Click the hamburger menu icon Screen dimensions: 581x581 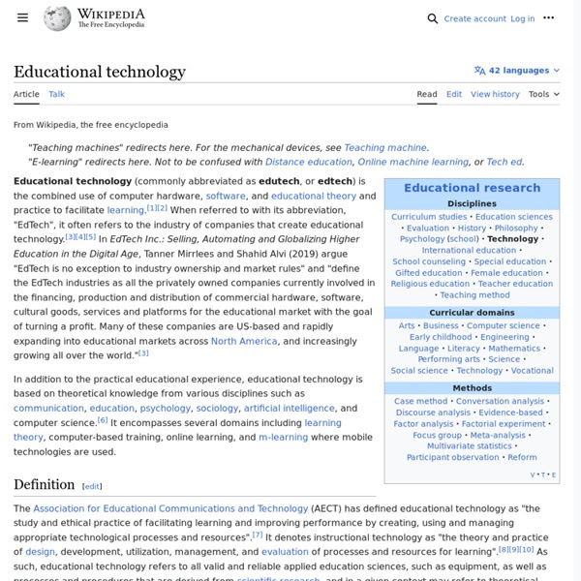point(22,18)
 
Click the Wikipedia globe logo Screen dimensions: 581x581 point(57,18)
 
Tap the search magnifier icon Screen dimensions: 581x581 point(432,18)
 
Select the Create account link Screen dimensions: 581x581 point(474,18)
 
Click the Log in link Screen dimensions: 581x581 point(522,18)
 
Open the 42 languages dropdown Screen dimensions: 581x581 point(517,71)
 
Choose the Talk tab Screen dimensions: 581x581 point(57,94)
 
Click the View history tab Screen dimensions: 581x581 point(495,94)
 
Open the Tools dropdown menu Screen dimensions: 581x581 point(543,94)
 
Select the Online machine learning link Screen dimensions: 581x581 point(413,162)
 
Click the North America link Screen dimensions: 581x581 point(244,341)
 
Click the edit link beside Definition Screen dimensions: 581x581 point(92,486)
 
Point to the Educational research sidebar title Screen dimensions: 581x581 point(472,188)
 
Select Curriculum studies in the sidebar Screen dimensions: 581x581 point(429,217)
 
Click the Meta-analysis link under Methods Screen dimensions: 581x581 point(497,436)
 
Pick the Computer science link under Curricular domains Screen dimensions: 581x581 point(504,326)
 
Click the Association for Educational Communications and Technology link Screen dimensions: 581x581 point(170,508)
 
